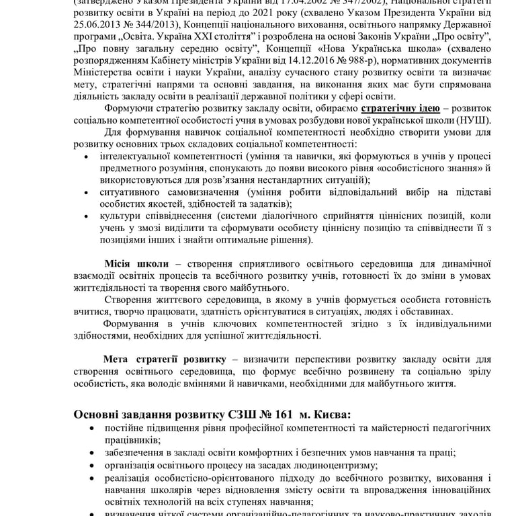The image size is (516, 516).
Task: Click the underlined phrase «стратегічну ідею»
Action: (400, 107)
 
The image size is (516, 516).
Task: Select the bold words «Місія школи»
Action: (136, 264)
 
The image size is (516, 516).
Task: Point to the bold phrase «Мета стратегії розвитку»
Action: (165, 360)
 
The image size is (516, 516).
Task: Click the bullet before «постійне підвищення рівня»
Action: (90, 427)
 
